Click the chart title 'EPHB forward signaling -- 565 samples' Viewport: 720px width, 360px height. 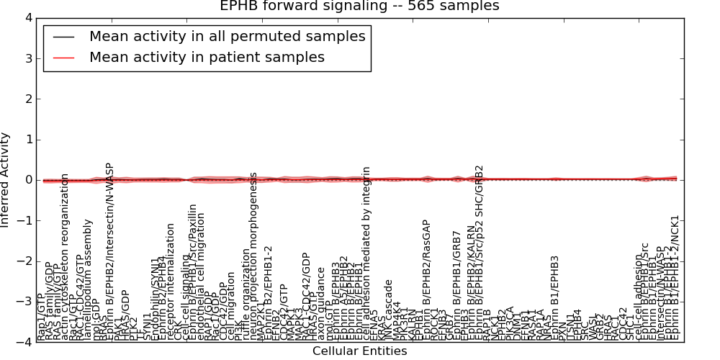tap(359, 6)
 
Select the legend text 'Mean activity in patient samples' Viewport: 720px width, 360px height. tap(207, 57)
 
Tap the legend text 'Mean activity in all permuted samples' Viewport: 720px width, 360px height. tap(227, 36)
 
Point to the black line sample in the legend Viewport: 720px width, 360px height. tap(63, 37)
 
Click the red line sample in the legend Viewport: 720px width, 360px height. tap(63, 58)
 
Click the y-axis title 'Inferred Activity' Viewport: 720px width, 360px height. tap(6, 180)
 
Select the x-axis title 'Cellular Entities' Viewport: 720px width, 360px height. tap(359, 351)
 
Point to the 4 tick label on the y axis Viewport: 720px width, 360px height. tap(27, 18)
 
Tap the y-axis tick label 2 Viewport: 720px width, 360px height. tap(27, 99)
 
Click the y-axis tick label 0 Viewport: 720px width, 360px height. tap(27, 180)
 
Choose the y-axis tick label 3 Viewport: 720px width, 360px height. tap(27, 58)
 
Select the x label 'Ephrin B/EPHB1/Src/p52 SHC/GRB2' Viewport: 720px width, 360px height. tap(480, 252)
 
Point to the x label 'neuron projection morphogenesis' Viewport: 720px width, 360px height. tap(253, 256)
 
